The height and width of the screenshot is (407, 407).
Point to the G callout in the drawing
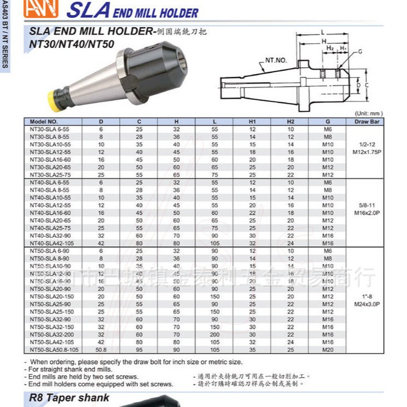pyautogui.click(x=360, y=51)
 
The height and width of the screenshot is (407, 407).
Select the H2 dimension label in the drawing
pyautogui.click(x=330, y=48)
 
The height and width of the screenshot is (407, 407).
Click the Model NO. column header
pyautogui.click(x=44, y=121)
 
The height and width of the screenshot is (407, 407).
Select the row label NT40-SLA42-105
pyautogui.click(x=50, y=243)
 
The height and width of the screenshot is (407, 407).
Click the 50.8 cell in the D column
pyautogui.click(x=101, y=349)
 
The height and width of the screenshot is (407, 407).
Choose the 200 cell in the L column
pyautogui.click(x=214, y=334)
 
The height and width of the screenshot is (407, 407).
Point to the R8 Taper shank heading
pyautogui.click(x=70, y=398)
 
